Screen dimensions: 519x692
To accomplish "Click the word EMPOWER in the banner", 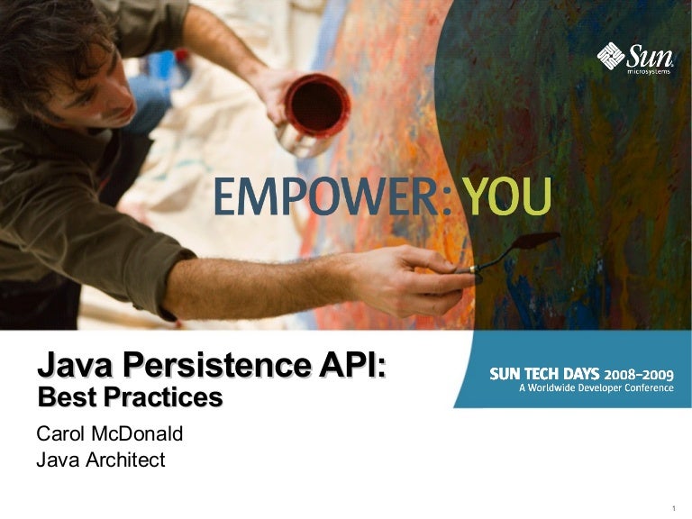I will (325, 197).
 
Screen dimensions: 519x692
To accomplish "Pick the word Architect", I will (123, 460).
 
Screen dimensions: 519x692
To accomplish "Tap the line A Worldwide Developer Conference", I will (595, 388).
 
